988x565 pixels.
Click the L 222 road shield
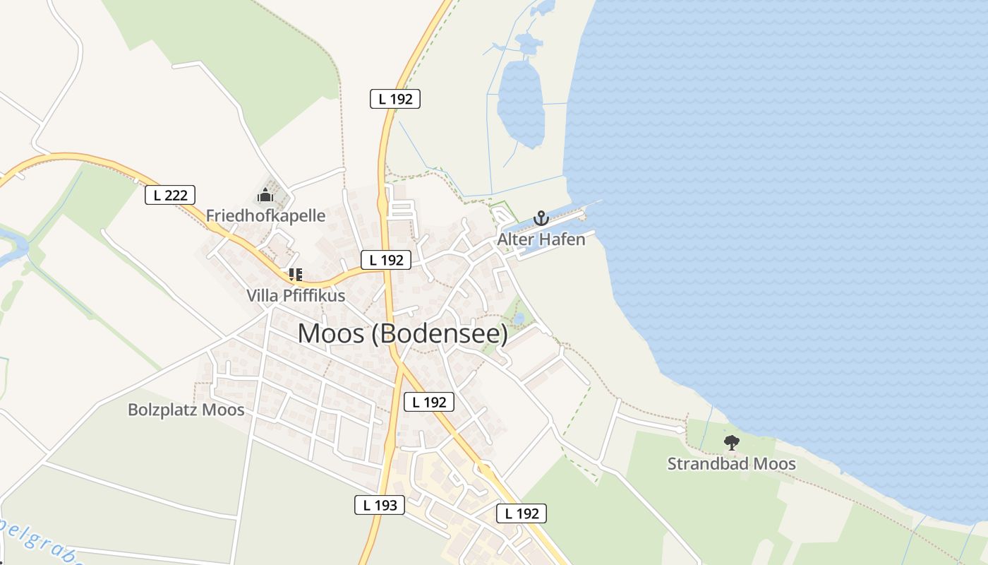click(x=170, y=195)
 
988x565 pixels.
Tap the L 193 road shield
click(x=380, y=505)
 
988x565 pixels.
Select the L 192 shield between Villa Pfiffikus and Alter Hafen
click(x=386, y=260)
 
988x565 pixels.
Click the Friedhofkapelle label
click(x=265, y=215)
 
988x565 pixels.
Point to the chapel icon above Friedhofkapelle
click(x=265, y=195)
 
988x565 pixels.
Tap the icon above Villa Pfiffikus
click(x=295, y=274)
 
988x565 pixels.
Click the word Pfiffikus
click(x=314, y=295)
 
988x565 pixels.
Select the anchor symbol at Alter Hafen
click(x=541, y=218)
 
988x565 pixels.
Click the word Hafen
click(x=562, y=239)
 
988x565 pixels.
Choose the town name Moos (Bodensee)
click(x=402, y=333)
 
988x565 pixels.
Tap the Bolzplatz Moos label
click(x=186, y=410)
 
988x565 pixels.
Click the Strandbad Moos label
click(x=732, y=464)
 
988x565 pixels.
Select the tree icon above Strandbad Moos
click(x=732, y=443)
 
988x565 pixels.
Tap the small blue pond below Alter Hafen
click(x=519, y=319)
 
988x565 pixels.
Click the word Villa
click(x=263, y=295)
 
